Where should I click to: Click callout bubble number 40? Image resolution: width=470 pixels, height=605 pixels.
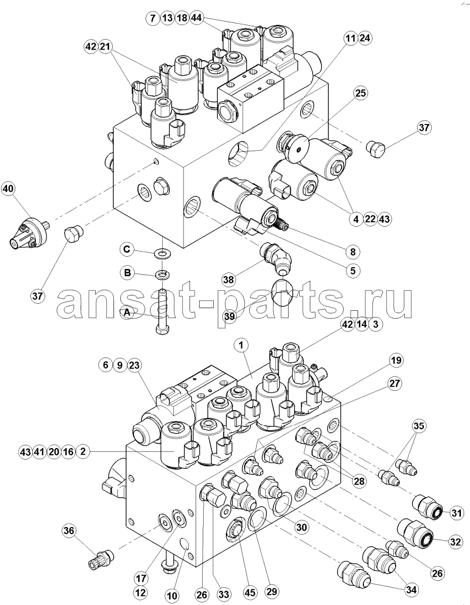click(x=9, y=188)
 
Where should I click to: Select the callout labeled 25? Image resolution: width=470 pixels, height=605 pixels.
click(x=361, y=93)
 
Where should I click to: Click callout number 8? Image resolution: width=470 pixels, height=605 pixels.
click(x=353, y=252)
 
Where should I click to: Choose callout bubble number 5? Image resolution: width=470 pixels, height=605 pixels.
click(x=353, y=270)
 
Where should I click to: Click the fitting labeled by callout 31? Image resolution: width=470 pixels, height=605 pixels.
click(x=426, y=507)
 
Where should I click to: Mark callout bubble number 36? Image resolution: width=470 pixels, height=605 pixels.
click(x=69, y=531)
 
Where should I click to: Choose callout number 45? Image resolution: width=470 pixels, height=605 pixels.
click(x=250, y=593)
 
